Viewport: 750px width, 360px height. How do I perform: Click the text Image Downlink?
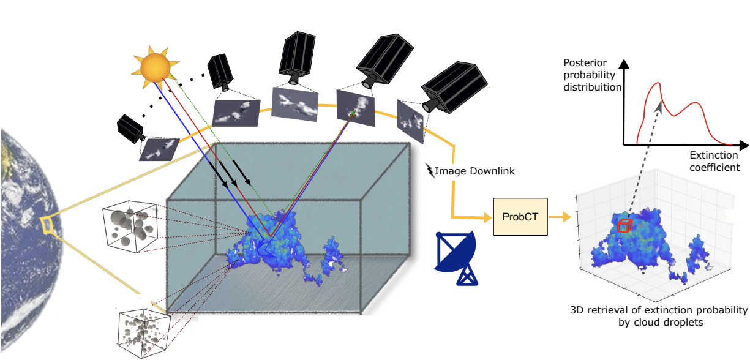tap(475, 171)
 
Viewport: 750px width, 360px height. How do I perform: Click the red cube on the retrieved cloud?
tap(623, 226)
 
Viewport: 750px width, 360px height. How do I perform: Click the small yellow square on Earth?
tap(47, 224)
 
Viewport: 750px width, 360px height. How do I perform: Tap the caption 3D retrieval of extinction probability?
tap(658, 315)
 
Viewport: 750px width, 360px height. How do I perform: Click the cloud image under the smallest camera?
tap(159, 149)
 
